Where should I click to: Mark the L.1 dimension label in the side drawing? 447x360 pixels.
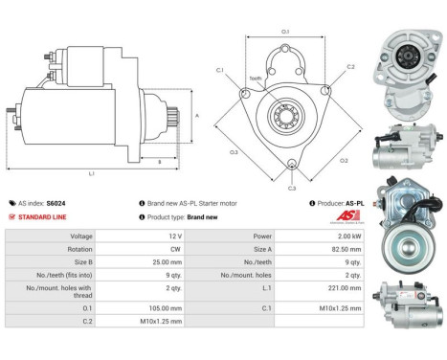(x=92, y=173)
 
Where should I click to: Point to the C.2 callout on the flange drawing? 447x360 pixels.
(x=350, y=67)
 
